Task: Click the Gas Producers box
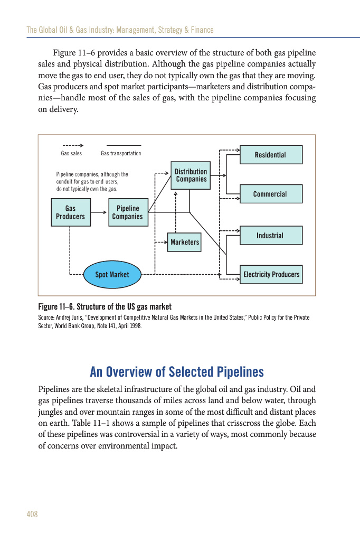coord(70,212)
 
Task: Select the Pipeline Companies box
coord(128,212)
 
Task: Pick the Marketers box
coord(184,242)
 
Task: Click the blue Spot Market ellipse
coord(112,274)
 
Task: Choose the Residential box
coord(271,155)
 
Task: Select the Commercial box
coord(271,194)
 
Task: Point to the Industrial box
coord(271,236)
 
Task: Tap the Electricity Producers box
coord(271,274)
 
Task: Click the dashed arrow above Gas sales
coord(72,145)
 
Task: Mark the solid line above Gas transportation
coord(124,145)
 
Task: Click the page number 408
coord(32,514)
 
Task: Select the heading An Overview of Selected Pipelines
coord(177,372)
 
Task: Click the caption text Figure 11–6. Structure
coord(105,307)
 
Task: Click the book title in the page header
coord(120,30)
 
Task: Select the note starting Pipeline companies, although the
coord(92,181)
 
